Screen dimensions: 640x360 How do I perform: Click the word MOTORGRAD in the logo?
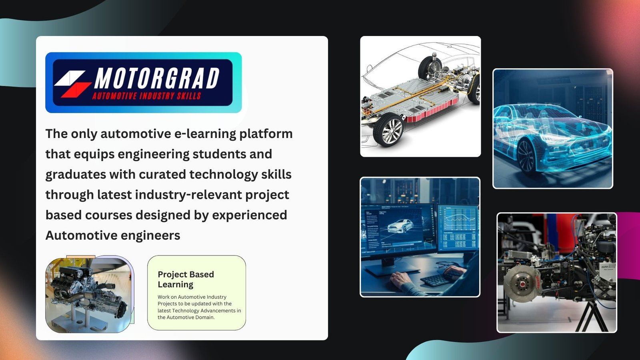coord(157,78)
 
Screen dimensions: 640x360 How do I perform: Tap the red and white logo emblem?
coord(73,84)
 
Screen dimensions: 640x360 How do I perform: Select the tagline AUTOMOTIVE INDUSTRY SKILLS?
coord(146,96)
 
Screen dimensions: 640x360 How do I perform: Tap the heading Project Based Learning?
coord(186,279)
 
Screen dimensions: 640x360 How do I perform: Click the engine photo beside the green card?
coord(90,294)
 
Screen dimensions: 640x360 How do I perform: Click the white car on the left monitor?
coord(400,226)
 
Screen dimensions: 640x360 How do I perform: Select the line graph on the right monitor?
coord(458,219)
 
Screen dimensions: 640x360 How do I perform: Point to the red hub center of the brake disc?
coord(522,284)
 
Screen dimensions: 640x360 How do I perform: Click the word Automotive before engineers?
coord(81,236)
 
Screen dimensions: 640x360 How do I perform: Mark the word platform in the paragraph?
coord(266,134)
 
